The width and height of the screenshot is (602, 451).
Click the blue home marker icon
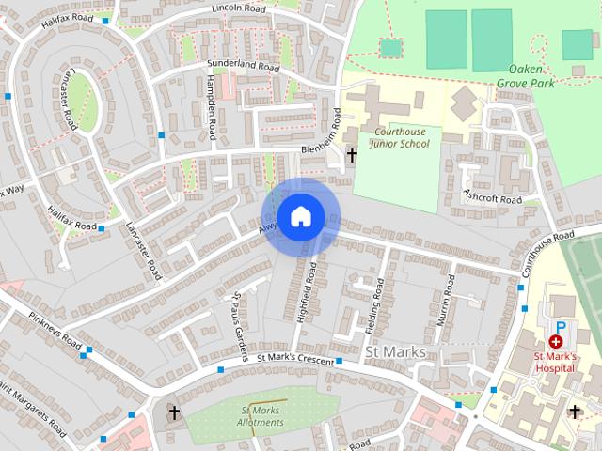click(x=300, y=216)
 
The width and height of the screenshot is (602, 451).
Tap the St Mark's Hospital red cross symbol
click(x=556, y=343)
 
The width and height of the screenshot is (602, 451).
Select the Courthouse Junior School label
click(x=401, y=138)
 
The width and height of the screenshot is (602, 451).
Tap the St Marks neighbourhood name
click(x=394, y=352)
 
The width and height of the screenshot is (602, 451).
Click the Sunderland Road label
click(x=243, y=68)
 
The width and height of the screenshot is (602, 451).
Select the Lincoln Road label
click(x=239, y=8)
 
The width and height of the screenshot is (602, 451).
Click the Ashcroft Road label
click(x=492, y=198)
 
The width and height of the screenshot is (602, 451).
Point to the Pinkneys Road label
click(x=55, y=329)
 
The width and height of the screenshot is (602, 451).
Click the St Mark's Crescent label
click(x=295, y=357)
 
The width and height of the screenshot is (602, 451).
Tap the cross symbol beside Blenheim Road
click(x=353, y=155)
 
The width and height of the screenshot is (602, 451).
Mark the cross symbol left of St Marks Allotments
click(x=173, y=412)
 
